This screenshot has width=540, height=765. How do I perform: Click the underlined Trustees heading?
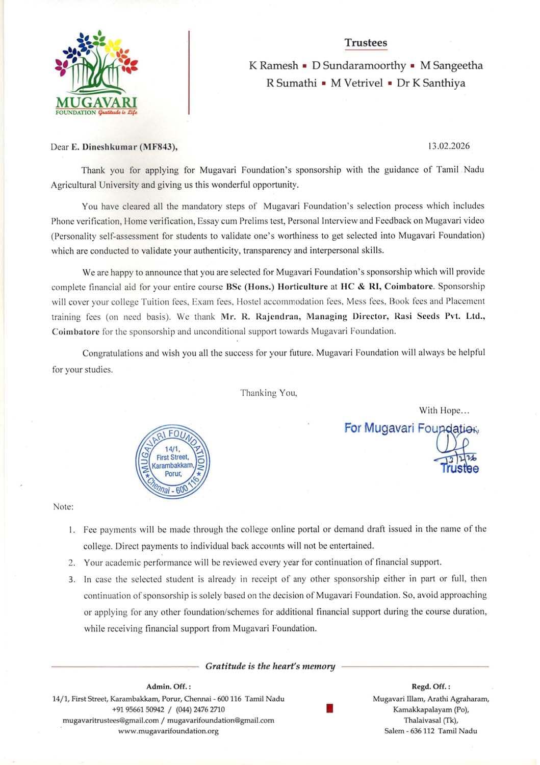point(366,43)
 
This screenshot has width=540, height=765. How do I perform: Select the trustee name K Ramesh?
point(273,65)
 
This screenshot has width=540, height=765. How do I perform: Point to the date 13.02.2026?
point(449,146)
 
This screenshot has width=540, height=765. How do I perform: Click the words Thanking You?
point(269,393)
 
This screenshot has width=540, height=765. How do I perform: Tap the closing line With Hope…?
point(444,410)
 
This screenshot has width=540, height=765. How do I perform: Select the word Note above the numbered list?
point(63,506)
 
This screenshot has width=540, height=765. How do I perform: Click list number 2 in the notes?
point(72,563)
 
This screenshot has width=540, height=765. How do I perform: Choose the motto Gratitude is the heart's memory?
point(270,666)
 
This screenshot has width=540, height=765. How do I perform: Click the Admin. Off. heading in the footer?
point(168,686)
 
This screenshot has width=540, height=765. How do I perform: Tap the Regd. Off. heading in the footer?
point(431,686)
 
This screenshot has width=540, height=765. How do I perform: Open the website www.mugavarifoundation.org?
point(168,731)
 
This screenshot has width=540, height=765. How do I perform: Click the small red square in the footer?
point(329,708)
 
